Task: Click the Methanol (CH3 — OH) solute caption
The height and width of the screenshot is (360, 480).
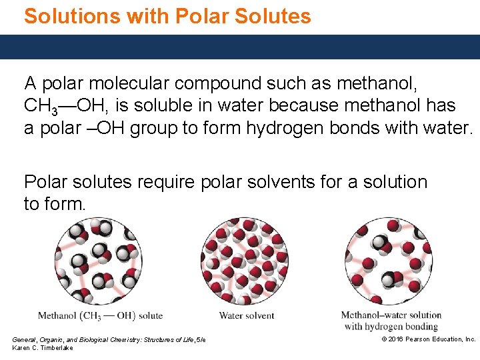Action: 100,315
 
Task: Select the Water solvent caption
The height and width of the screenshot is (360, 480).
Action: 246,315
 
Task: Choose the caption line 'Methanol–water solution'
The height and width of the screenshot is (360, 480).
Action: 391,315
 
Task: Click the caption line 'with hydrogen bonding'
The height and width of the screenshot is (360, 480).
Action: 391,326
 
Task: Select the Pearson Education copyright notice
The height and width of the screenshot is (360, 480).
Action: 428,339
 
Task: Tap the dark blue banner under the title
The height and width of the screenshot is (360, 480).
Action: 240,47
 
